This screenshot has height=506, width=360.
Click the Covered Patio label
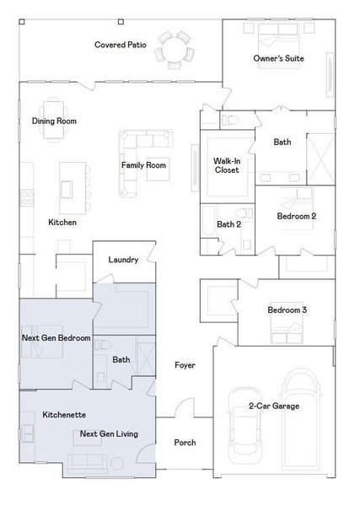(x=121, y=44)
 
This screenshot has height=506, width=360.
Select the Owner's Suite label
(x=279, y=58)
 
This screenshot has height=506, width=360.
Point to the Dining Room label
(x=54, y=121)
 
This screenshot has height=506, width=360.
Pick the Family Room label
(x=143, y=165)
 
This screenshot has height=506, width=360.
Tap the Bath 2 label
(x=228, y=224)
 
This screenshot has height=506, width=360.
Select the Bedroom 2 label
(x=297, y=217)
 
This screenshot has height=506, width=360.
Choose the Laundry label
(x=123, y=260)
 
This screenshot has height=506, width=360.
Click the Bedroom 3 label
(x=287, y=310)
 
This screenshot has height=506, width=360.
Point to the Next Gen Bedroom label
(x=56, y=337)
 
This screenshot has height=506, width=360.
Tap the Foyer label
(x=185, y=365)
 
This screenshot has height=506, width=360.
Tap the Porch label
(x=185, y=443)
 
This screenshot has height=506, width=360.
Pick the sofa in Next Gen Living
(x=86, y=461)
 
